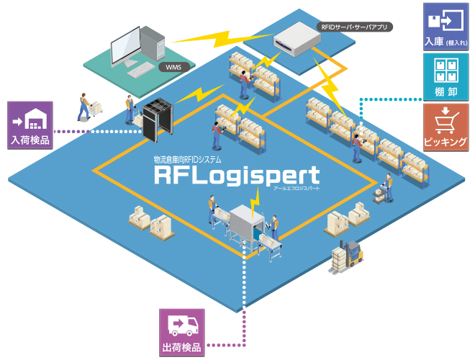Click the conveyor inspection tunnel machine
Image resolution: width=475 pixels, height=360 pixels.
coord(248,220)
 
